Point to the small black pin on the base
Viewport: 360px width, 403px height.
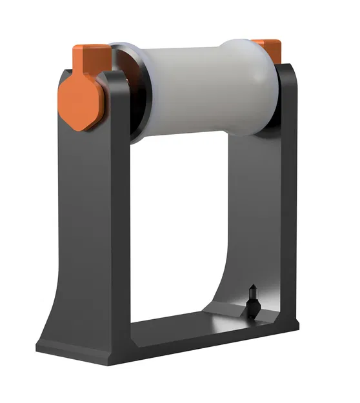(x=252, y=300)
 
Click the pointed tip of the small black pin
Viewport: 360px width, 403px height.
(x=252, y=288)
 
